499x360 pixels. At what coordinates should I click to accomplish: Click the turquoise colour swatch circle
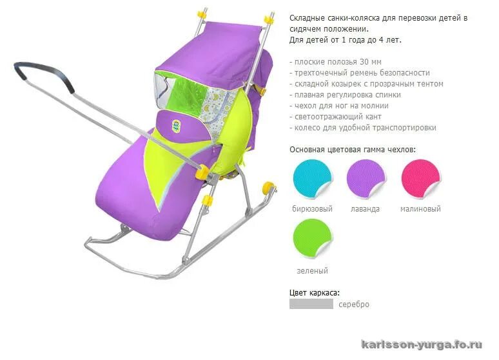[312, 179]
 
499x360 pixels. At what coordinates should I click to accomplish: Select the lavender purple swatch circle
[366, 179]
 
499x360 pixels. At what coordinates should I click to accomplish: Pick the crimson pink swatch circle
[420, 179]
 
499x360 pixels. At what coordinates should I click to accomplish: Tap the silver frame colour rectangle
[311, 304]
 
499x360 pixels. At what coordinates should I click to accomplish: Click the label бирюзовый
[312, 209]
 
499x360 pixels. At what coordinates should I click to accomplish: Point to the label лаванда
[366, 209]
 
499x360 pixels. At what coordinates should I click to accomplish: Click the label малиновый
[420, 209]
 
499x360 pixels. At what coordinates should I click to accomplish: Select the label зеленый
[312, 271]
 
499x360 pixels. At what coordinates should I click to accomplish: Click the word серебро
[354, 305]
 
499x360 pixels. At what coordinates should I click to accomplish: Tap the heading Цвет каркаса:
[315, 292]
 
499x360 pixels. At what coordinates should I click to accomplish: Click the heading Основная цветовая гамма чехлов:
[353, 150]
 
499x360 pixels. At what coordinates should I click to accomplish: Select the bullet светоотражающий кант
[338, 117]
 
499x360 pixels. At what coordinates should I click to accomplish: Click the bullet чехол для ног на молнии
[341, 106]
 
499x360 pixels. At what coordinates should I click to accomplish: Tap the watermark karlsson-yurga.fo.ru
[422, 345]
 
